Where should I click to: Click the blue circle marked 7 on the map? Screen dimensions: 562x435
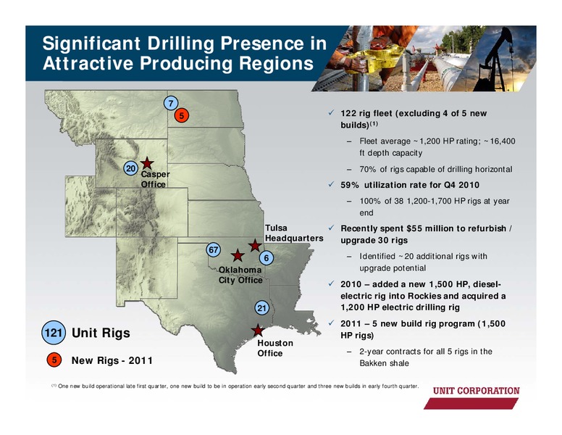(x=171, y=104)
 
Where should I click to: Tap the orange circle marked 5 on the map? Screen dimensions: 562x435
(x=182, y=115)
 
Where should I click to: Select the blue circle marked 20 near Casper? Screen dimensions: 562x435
(x=131, y=168)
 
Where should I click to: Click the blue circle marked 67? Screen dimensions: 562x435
(x=213, y=249)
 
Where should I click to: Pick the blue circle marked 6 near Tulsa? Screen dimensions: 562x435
(x=267, y=257)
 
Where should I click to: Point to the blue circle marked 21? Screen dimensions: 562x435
(x=262, y=308)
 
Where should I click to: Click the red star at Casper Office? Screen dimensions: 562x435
(x=146, y=163)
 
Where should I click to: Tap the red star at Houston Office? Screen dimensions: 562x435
(x=257, y=330)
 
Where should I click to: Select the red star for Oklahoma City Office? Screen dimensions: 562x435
(x=238, y=255)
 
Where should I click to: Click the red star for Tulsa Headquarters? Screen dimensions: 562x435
(x=255, y=246)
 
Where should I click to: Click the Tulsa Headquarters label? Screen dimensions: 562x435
(x=294, y=233)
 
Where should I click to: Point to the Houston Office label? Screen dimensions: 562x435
(x=275, y=348)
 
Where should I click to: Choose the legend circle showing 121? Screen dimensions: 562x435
(x=54, y=333)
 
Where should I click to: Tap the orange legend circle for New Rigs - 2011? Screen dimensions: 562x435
(x=54, y=360)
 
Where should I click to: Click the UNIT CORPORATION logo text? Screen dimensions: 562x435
(x=477, y=391)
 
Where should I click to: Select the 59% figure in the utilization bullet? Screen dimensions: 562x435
(x=350, y=185)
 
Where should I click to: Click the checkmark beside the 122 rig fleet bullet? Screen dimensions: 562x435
(x=331, y=112)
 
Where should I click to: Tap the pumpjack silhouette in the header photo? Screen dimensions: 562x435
(x=495, y=61)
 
